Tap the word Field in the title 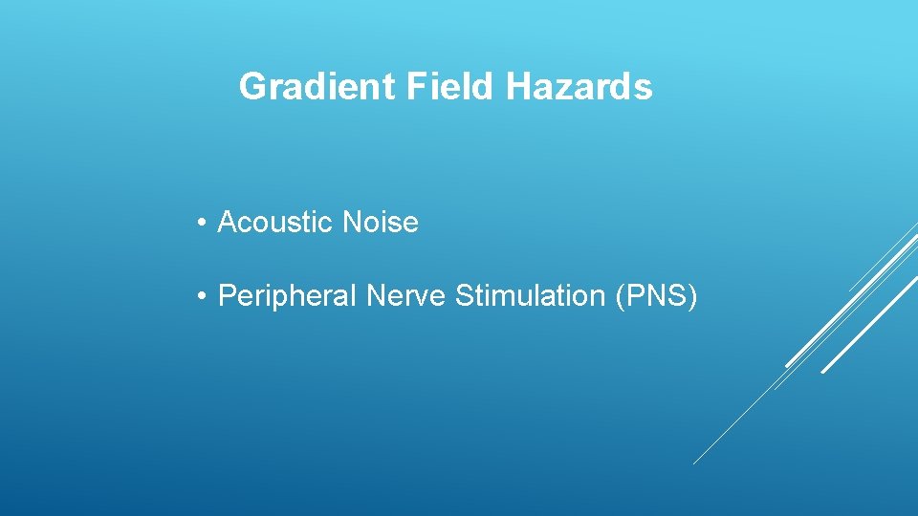[450, 87]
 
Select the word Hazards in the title [579, 87]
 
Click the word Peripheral [288, 296]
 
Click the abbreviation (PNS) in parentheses [657, 296]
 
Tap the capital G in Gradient [252, 87]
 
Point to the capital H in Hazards [516, 87]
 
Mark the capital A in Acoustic [228, 223]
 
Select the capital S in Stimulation [464, 296]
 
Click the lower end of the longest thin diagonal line [693, 464]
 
